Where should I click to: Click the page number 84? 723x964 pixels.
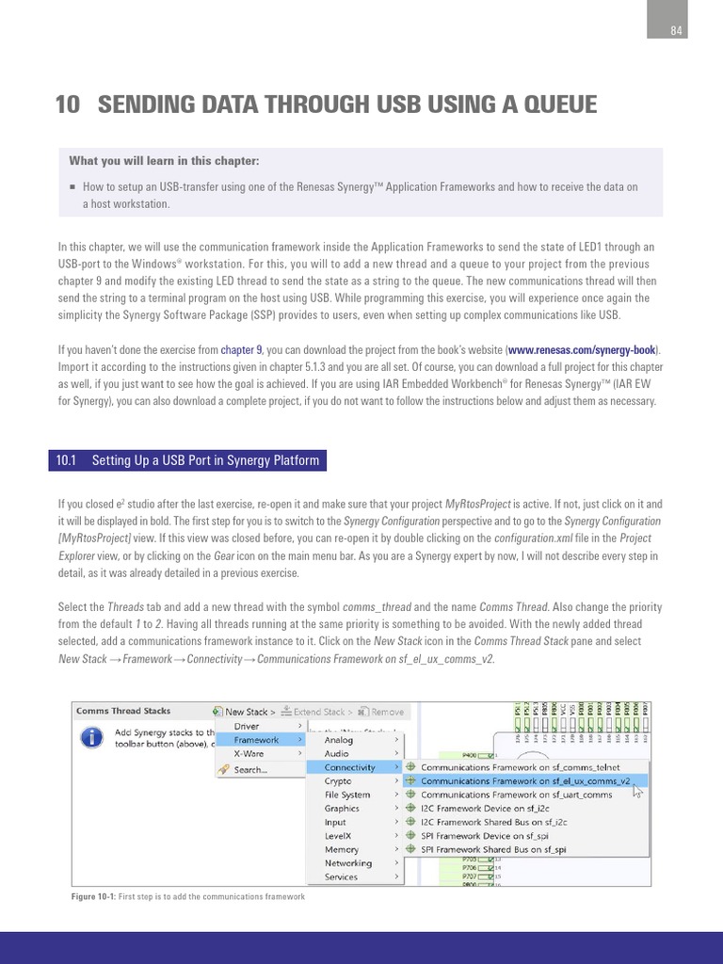[x=675, y=31]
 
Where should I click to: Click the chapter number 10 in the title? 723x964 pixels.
[x=67, y=104]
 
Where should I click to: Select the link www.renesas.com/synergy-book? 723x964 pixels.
[x=584, y=350]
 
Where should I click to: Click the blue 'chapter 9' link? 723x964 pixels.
[x=242, y=350]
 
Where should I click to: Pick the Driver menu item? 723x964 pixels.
[x=247, y=726]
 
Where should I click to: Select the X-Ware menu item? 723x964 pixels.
[x=249, y=753]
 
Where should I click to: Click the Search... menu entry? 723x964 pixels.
[x=250, y=769]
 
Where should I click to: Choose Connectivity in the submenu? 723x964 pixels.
[x=349, y=767]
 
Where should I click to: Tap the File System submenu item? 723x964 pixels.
[x=347, y=795]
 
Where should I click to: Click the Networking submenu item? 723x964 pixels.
[x=348, y=863]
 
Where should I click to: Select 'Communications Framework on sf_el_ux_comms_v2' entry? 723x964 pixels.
[x=525, y=780]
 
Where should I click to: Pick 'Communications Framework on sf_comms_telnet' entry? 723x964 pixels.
[x=520, y=767]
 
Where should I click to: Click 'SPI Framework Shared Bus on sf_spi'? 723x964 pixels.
[x=493, y=849]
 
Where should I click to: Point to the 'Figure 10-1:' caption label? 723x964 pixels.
[x=95, y=897]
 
